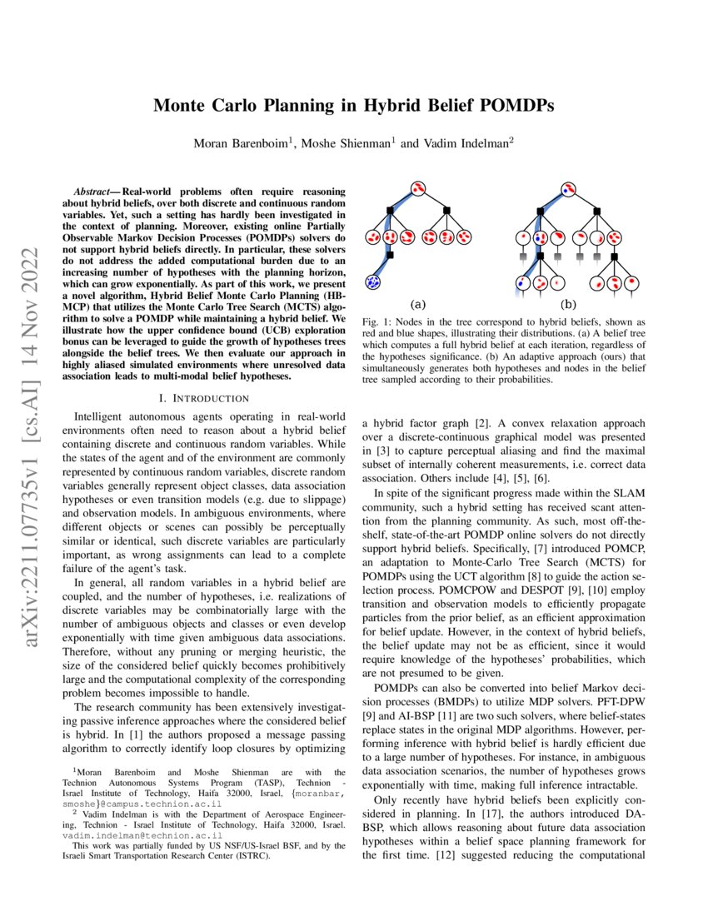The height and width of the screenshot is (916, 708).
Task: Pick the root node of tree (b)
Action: [568, 188]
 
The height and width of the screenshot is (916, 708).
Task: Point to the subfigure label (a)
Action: [418, 305]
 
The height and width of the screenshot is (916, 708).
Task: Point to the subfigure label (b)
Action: [568, 305]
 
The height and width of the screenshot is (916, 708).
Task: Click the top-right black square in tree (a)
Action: [446, 208]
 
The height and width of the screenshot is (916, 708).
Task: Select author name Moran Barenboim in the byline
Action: [241, 143]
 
